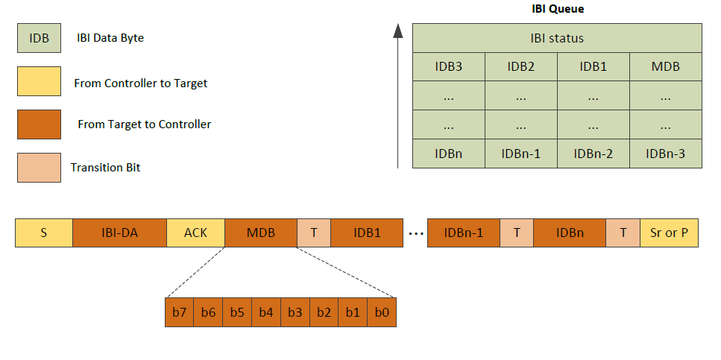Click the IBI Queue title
point(557,9)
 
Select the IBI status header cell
point(557,38)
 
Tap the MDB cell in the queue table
point(665,66)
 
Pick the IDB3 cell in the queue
point(448,66)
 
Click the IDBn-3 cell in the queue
point(665,154)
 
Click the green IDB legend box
point(39,38)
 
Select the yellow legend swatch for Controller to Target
point(39,82)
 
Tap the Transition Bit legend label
point(105,168)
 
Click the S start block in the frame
point(43,233)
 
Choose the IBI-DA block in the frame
point(119,233)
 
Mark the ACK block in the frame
point(195,233)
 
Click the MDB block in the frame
point(261,233)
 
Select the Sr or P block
point(669,233)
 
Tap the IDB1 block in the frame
point(367,233)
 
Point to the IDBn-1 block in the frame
point(463,233)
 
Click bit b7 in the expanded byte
point(179,312)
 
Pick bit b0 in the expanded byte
point(382,312)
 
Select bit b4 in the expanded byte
point(266,312)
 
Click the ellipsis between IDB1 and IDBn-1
point(415,233)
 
